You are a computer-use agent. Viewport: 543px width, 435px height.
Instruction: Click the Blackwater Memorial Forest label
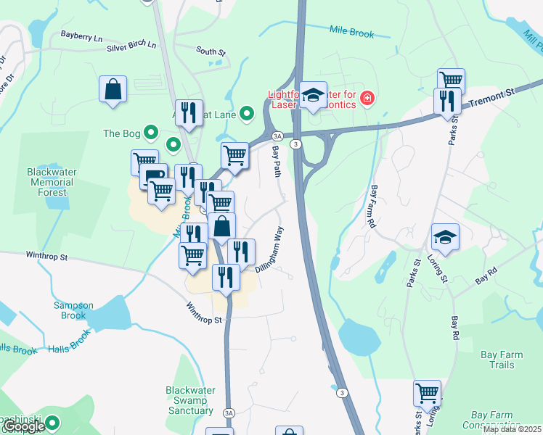pyautogui.click(x=52, y=182)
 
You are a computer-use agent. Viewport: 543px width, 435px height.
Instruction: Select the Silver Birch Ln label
pyautogui.click(x=131, y=45)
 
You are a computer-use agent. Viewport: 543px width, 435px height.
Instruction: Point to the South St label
pyautogui.click(x=211, y=51)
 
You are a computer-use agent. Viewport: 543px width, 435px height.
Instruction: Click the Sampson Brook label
pyautogui.click(x=73, y=310)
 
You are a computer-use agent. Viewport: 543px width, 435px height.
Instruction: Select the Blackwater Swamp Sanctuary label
pyautogui.click(x=190, y=400)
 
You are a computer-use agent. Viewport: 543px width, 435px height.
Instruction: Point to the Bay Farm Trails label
pyautogui.click(x=507, y=360)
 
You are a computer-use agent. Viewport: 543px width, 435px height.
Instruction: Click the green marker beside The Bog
pyautogui.click(x=151, y=133)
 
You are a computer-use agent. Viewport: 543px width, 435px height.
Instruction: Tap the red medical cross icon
pyautogui.click(x=367, y=98)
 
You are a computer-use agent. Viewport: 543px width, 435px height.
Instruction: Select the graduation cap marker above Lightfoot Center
pyautogui.click(x=313, y=95)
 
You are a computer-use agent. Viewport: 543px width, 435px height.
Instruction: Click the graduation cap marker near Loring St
pyautogui.click(x=445, y=236)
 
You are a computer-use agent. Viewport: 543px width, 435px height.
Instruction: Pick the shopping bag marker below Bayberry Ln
pyautogui.click(x=113, y=89)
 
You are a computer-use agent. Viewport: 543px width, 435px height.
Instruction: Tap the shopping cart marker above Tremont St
pyautogui.click(x=451, y=80)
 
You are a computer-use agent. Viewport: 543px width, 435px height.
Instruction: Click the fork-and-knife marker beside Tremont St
pyautogui.click(x=446, y=101)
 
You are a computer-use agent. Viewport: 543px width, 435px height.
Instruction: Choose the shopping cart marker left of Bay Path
pyautogui.click(x=234, y=155)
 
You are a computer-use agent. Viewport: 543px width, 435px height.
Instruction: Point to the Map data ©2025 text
pyautogui.click(x=512, y=429)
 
